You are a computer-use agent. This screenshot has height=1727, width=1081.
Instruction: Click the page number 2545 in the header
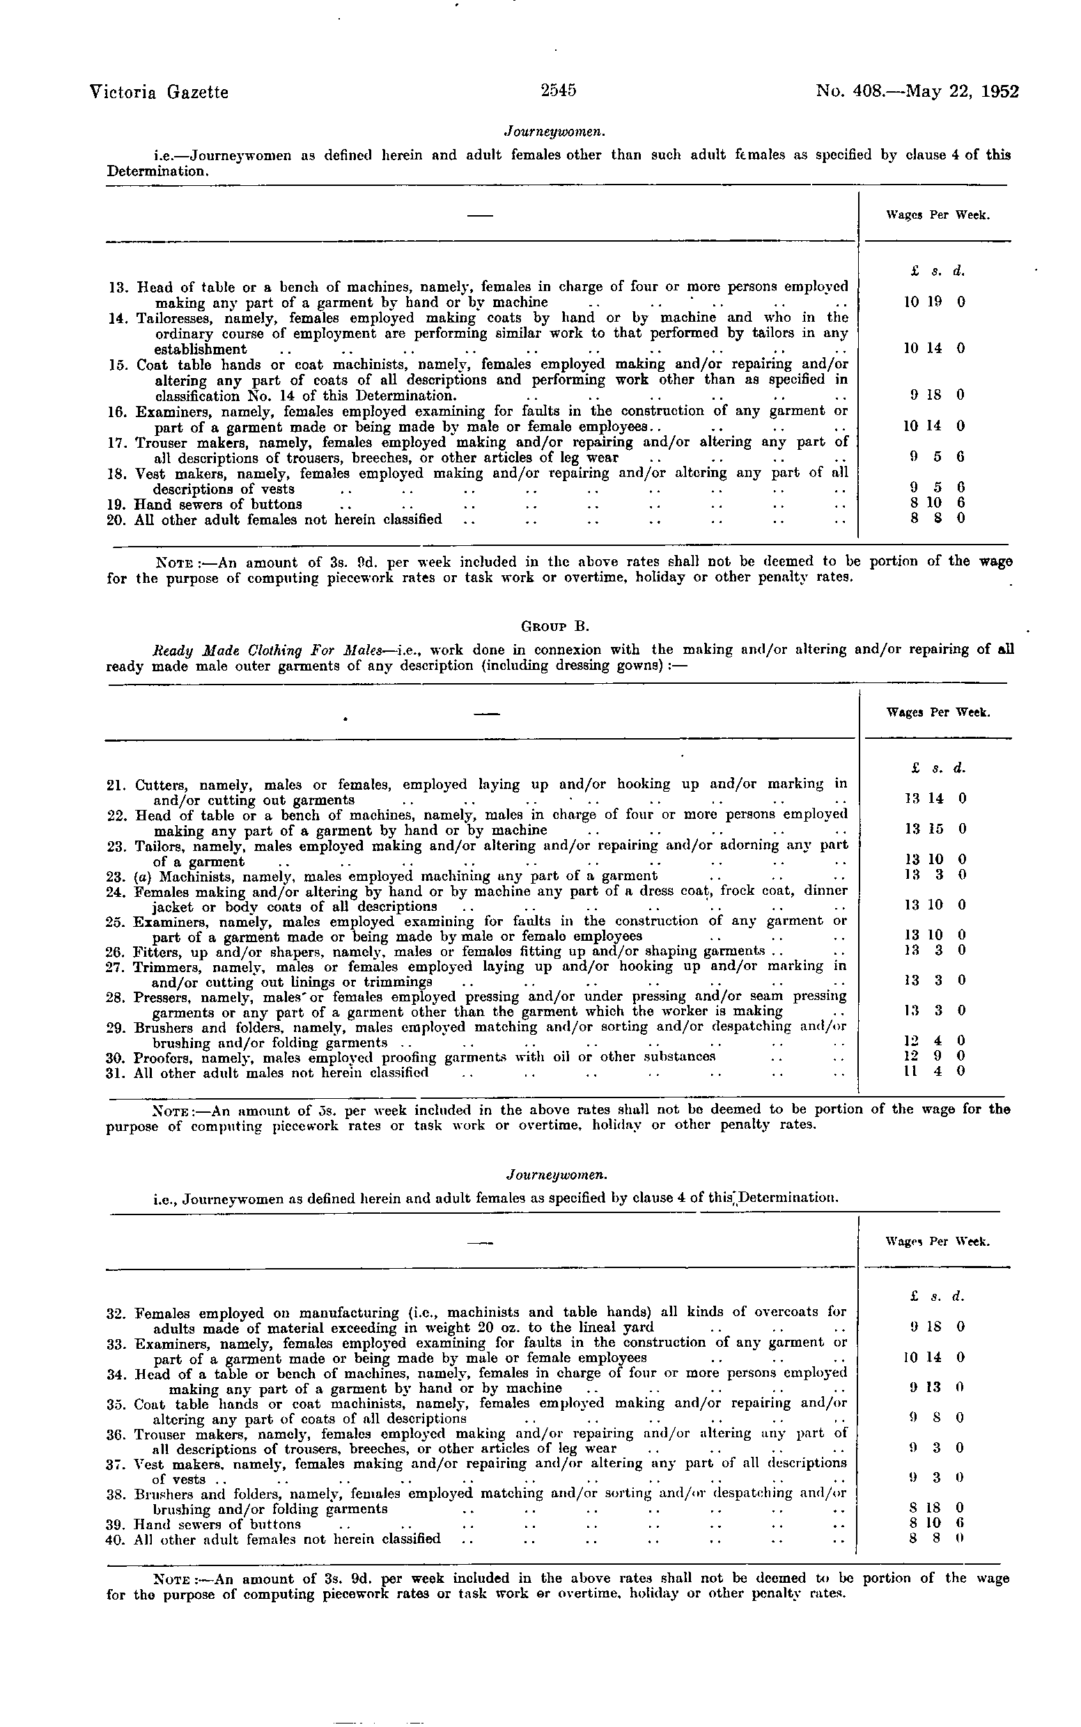point(559,91)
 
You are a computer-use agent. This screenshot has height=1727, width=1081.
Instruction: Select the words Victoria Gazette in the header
point(160,92)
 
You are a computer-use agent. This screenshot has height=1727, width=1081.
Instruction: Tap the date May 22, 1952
point(962,92)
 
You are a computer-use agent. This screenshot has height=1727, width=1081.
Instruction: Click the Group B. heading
point(557,627)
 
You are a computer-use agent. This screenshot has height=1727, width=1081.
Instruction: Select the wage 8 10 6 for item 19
point(937,503)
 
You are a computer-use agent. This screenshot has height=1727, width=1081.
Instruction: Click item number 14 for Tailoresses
point(116,318)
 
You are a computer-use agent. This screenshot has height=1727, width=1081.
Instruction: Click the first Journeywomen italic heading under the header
point(556,131)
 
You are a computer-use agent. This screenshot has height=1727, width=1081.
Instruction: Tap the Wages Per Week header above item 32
point(938,1242)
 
